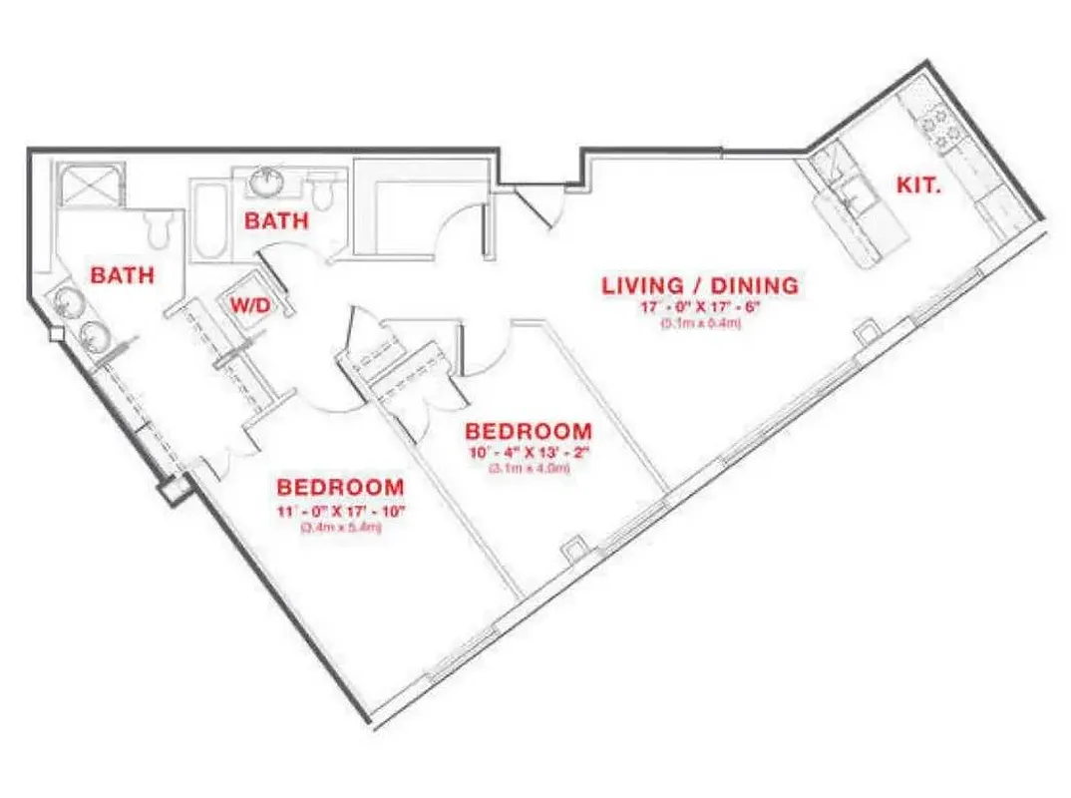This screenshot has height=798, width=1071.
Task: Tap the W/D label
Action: coord(250,306)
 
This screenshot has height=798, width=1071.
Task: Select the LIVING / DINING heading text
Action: coord(699,286)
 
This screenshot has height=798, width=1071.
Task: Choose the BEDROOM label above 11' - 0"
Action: coord(340,488)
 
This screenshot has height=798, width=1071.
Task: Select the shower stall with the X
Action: coord(91,187)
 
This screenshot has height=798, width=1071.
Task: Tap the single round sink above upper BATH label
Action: coord(267,183)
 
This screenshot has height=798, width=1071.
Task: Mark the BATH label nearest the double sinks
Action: coord(123,274)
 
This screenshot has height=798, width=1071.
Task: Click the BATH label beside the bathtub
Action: coord(276,221)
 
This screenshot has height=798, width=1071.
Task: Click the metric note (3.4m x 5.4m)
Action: coord(340,529)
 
